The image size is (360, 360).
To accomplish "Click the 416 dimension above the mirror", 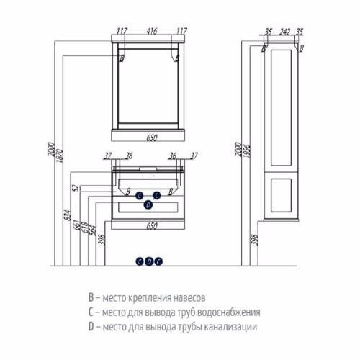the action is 152,31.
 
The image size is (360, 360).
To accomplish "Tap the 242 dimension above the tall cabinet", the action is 284,32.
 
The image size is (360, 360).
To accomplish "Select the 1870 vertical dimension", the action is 60,156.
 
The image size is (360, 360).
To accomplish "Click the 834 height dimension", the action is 68,215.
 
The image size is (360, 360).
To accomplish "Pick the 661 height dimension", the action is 78,225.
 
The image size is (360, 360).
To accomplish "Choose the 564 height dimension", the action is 93,230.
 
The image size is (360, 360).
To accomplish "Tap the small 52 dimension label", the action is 76,189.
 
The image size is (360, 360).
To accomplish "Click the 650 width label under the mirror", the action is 152,138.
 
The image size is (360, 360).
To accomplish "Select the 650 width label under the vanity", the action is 152,226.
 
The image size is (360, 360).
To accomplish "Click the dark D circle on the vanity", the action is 148,204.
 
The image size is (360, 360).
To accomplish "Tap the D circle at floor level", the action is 149,261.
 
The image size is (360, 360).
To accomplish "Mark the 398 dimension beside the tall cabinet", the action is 256,240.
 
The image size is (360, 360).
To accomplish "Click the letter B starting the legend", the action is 91,297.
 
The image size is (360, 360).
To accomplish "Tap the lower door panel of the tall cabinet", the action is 281,195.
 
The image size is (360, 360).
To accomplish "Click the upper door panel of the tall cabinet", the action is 281,107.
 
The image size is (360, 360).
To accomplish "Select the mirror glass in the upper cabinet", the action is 148,86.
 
